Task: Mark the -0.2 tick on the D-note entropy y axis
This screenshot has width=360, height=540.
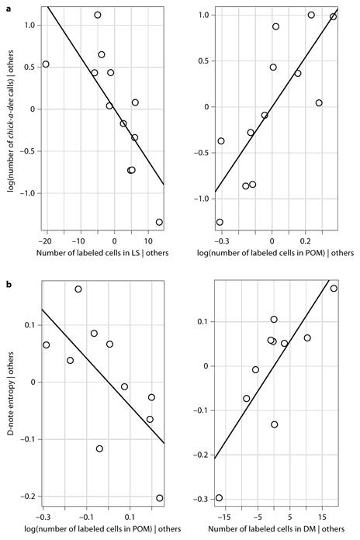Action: click(x=25, y=497)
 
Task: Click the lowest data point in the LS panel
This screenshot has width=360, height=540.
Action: click(x=159, y=222)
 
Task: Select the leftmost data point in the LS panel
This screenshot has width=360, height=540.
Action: click(x=46, y=64)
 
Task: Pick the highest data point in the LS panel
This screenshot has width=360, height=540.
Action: click(x=98, y=15)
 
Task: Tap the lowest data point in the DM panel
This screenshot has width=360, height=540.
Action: click(x=219, y=497)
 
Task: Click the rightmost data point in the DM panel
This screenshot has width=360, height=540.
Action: click(x=334, y=289)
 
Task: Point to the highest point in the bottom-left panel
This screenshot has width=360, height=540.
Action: click(x=78, y=289)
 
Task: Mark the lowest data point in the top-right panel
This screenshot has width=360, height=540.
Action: click(x=220, y=222)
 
